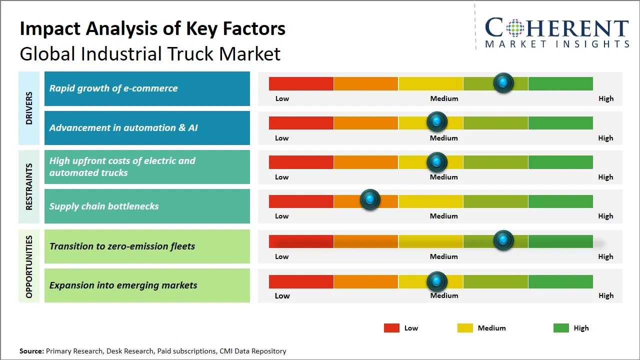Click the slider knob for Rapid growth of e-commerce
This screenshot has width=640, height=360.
[503, 82]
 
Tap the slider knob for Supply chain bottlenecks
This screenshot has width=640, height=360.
[370, 200]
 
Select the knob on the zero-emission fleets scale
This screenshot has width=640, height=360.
[503, 240]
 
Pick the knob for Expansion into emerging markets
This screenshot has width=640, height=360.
[437, 281]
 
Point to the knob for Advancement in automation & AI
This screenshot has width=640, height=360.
[437, 121]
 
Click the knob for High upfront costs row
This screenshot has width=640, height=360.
[437, 161]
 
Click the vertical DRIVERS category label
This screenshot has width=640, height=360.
[29, 108]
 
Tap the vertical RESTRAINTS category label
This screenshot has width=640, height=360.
[29, 186]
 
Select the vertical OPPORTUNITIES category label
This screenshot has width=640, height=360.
[29, 266]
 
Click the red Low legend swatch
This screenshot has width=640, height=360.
[391, 328]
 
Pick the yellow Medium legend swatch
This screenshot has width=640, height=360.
[465, 328]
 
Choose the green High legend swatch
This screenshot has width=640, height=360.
[561, 328]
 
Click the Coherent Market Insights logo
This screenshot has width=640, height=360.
[556, 33]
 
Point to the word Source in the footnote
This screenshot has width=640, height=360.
[31, 351]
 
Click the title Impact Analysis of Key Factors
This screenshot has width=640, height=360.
[152, 28]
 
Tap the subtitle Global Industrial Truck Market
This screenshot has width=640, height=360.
[150, 53]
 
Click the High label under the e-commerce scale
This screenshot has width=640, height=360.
[606, 98]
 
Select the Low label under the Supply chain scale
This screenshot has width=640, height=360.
[282, 216]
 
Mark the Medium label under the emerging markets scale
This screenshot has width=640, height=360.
[444, 295]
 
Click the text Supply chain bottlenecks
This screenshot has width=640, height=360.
[104, 206]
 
